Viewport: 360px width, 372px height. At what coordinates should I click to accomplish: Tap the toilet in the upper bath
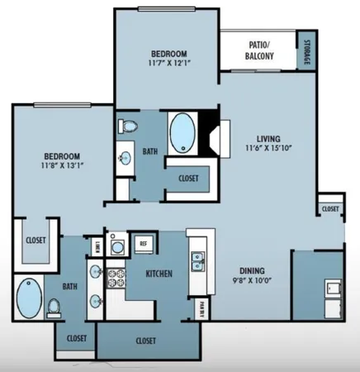click(127, 127)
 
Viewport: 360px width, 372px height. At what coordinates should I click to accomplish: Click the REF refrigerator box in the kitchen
click(143, 243)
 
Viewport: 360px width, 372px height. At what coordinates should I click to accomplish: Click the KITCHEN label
click(159, 273)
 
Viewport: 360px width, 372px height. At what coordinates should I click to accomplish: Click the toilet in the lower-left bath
click(54, 307)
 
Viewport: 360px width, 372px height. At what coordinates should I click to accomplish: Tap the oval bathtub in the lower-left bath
click(30, 296)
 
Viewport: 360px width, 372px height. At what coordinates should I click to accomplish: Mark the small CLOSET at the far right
click(331, 208)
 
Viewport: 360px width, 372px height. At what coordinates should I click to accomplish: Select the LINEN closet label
click(96, 246)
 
